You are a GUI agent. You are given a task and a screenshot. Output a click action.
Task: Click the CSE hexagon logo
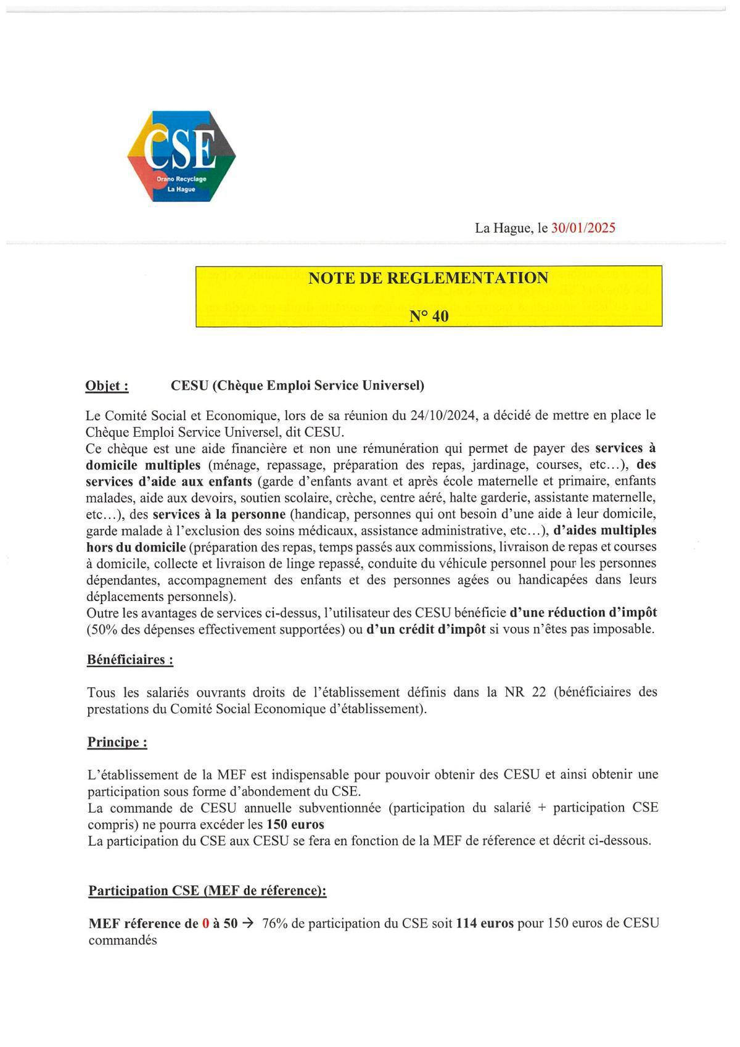[x=181, y=155]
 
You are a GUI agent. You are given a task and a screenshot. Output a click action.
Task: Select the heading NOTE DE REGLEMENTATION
[x=428, y=278]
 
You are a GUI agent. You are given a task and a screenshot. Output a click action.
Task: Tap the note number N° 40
[x=429, y=317]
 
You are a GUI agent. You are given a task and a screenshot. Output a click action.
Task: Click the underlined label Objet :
[x=107, y=386]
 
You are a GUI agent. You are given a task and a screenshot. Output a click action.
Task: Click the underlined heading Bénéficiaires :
[x=130, y=659]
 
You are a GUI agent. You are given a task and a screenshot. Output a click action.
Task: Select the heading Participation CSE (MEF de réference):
[x=207, y=890]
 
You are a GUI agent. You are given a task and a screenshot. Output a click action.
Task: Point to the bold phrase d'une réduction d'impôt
[x=583, y=613]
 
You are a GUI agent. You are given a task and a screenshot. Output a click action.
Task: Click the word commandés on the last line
[x=123, y=940]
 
